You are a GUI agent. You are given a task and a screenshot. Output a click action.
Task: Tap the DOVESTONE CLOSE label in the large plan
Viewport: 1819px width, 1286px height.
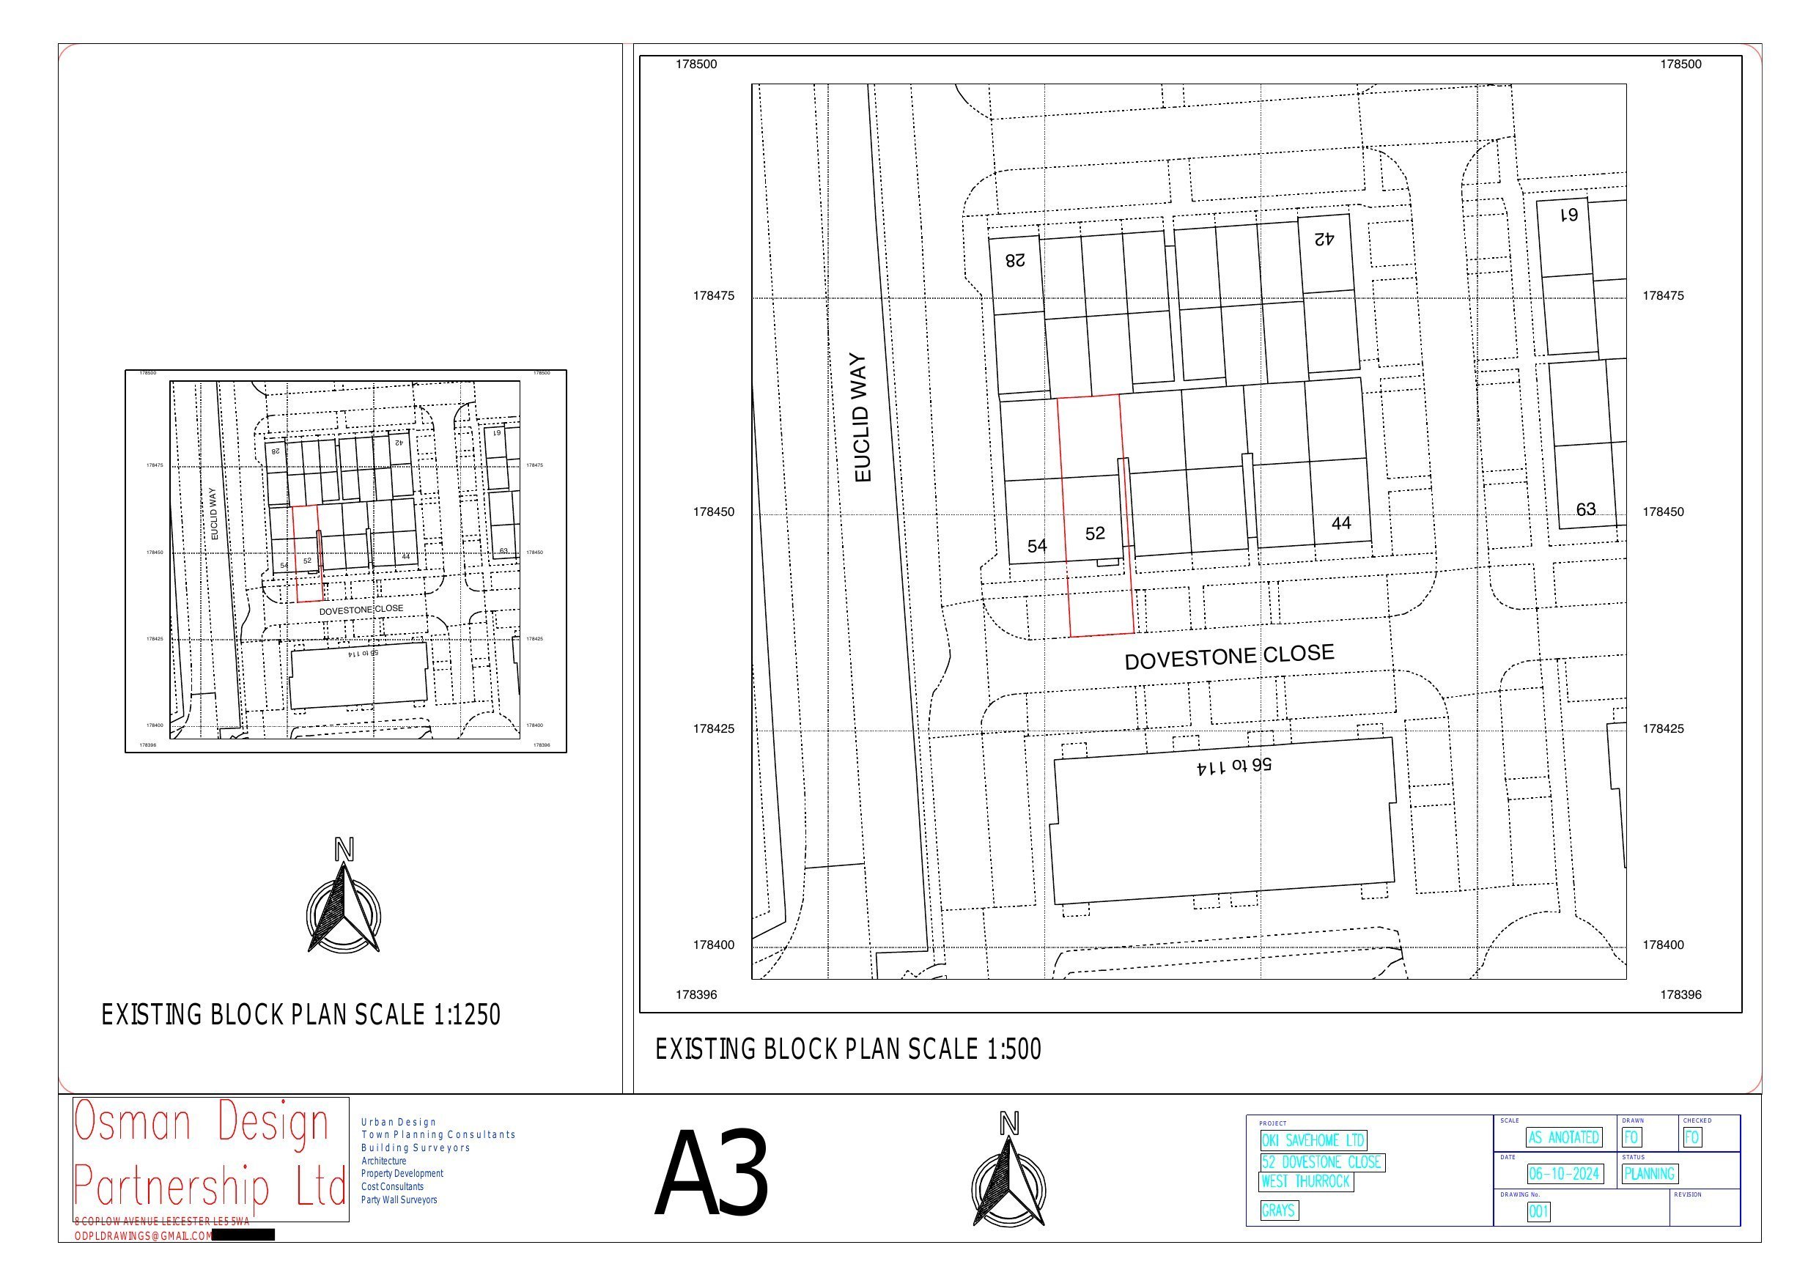[x=1229, y=657]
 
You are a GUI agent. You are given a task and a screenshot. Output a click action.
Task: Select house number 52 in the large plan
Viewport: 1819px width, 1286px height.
[x=1095, y=534]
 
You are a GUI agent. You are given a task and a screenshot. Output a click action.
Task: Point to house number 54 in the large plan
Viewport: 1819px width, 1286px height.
[x=1036, y=546]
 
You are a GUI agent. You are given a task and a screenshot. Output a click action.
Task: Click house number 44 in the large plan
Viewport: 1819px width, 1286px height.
[x=1340, y=524]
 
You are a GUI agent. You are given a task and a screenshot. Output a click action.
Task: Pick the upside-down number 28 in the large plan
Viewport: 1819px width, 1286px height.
[x=1015, y=260]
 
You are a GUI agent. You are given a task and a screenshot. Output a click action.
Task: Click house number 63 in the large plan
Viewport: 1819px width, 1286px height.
[x=1585, y=509]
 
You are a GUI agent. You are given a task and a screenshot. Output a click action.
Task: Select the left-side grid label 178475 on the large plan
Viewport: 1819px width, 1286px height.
[x=713, y=296]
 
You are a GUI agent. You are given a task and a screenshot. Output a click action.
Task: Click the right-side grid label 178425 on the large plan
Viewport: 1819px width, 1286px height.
[x=1663, y=729]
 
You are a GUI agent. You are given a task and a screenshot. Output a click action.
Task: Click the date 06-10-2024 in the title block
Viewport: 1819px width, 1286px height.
[x=1564, y=1173]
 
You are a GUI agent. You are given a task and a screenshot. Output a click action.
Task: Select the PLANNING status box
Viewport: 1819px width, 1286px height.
[x=1648, y=1173]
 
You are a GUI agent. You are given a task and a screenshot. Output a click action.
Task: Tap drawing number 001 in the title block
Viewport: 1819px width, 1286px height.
[x=1538, y=1212]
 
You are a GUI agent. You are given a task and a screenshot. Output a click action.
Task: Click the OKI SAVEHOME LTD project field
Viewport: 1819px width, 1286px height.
[x=1313, y=1141]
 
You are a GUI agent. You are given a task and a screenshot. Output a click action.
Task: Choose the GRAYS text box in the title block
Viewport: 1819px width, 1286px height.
[x=1279, y=1211]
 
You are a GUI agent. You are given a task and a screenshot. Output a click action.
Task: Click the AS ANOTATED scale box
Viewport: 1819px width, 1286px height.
[x=1563, y=1138]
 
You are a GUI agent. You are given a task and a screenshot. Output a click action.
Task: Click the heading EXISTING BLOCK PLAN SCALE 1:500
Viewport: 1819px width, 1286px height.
[x=848, y=1050]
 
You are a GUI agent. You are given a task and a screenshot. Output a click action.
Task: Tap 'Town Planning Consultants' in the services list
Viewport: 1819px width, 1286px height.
[x=438, y=1134]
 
